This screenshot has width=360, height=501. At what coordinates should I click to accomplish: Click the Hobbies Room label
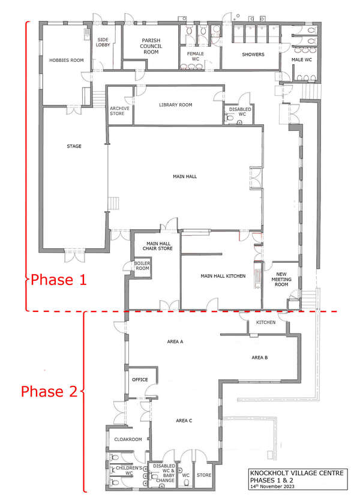pyautogui.click(x=66, y=60)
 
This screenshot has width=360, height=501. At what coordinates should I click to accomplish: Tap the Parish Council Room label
pyautogui.click(x=151, y=46)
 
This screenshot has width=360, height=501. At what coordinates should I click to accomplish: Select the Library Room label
pyautogui.click(x=175, y=105)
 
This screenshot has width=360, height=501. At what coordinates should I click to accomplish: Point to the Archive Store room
pyautogui.click(x=120, y=106)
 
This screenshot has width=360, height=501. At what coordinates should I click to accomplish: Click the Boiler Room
pyautogui.click(x=142, y=267)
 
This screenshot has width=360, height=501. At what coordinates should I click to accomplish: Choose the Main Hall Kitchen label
pyautogui.click(x=223, y=276)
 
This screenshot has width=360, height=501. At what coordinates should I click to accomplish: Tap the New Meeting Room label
pyautogui.click(x=281, y=279)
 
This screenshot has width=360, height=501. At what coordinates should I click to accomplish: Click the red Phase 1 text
pyautogui.click(x=58, y=280)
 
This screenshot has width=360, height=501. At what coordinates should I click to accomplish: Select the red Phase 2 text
pyautogui.click(x=49, y=391)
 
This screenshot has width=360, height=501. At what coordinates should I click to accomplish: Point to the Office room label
pyautogui.click(x=140, y=380)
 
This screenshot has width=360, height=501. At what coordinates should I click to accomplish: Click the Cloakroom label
pyautogui.click(x=128, y=439)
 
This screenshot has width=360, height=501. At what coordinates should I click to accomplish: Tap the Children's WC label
pyautogui.click(x=129, y=470)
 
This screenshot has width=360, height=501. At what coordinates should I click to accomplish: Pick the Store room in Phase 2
pyautogui.click(x=204, y=475)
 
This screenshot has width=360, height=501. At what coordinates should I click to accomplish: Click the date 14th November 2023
pyautogui.click(x=272, y=487)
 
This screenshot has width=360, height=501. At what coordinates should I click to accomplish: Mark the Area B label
pyautogui.click(x=260, y=358)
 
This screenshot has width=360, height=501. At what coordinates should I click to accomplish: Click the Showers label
pyautogui.click(x=253, y=55)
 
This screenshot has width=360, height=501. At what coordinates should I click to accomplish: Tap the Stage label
pyautogui.click(x=74, y=146)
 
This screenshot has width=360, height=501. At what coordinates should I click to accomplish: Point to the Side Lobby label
pyautogui.click(x=103, y=42)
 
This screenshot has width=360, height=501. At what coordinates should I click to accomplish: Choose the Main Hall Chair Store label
pyautogui.click(x=158, y=246)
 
